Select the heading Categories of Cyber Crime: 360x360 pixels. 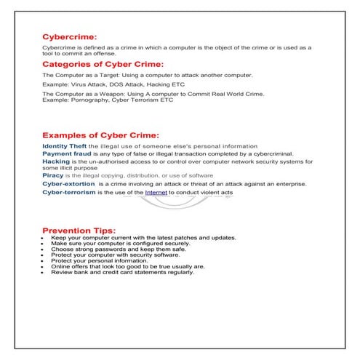click(103, 64)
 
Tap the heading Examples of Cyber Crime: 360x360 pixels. click(100, 135)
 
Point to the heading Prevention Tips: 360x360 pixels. click(79, 231)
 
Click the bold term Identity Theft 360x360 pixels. click(64, 146)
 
